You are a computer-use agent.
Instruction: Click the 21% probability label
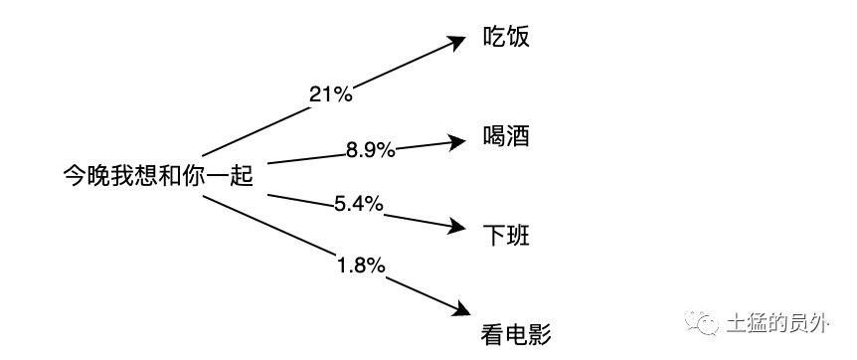331,93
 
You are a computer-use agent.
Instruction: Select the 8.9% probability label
371,150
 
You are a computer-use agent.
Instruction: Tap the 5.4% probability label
358,204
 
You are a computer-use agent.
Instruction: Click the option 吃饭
506,38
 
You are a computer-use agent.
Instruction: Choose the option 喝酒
506,136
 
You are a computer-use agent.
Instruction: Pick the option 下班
506,236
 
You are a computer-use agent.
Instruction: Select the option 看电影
515,331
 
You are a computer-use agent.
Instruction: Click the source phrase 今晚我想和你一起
158,177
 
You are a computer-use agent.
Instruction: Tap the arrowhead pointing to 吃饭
457,42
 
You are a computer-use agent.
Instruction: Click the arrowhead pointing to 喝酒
457,140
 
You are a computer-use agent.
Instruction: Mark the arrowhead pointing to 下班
457,227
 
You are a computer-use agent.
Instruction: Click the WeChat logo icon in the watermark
706,323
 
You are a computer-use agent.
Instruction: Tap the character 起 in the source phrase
242,177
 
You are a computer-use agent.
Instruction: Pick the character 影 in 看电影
539,331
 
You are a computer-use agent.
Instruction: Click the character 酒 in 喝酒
518,136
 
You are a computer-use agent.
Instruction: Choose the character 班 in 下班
518,236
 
